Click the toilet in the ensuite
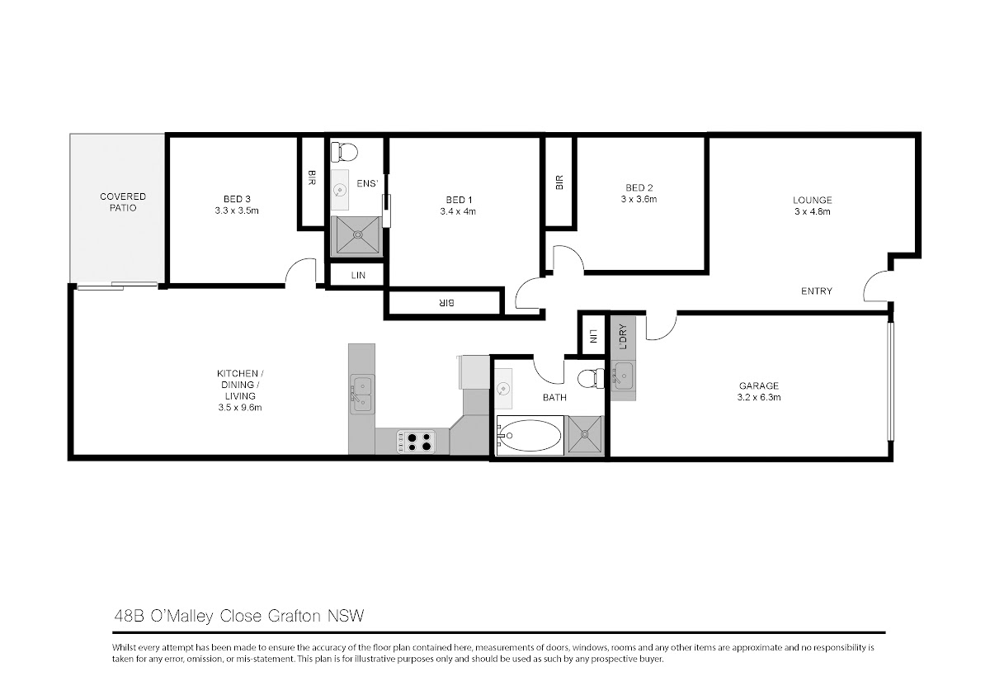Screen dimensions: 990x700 coord(344,152)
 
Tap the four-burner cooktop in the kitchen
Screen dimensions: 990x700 coord(417,442)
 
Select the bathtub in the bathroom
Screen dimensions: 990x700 coord(530,436)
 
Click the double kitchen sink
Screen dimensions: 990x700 coord(362,394)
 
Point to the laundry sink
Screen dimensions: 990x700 coord(623,376)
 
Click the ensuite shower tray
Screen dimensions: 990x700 coord(357,236)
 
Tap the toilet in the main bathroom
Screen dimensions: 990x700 coord(592,379)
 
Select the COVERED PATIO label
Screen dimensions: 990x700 coord(123,202)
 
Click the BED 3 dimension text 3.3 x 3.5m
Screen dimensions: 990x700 coord(237,211)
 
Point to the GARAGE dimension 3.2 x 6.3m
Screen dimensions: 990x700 coord(759,398)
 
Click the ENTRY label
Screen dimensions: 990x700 coord(817,291)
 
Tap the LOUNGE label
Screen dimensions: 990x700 coord(813,200)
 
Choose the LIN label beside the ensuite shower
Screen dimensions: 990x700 coord(358,276)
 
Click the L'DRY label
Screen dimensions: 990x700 coord(623,337)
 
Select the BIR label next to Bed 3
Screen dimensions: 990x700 coord(311,177)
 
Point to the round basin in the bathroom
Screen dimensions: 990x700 coord(502,389)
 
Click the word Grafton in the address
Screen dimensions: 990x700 coord(295,616)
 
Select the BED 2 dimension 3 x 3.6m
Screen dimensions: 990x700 coord(639,200)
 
